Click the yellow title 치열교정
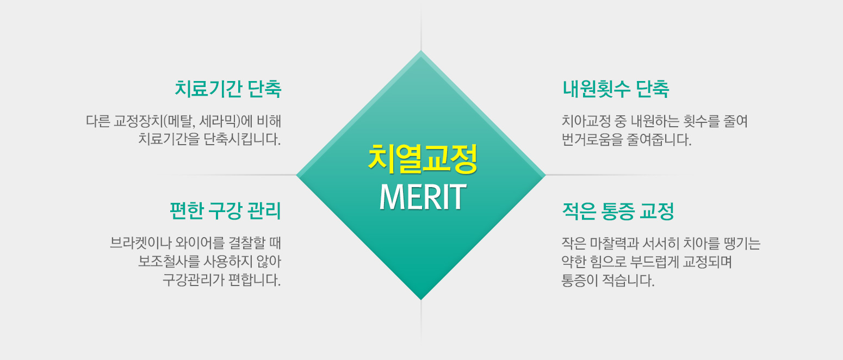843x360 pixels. point(423,159)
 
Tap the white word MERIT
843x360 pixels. point(423,197)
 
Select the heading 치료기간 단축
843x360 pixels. point(228,89)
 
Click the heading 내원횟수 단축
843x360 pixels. point(616,89)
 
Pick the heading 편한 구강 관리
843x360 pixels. point(225,210)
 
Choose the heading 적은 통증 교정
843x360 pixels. point(618,211)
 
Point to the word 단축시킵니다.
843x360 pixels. point(242,139)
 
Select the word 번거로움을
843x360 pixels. point(592,140)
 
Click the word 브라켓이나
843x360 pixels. point(140,243)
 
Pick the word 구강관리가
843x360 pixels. point(193,280)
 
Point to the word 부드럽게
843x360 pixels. point(654,262)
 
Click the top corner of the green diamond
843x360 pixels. point(421,51)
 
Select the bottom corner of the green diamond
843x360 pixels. point(421,300)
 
